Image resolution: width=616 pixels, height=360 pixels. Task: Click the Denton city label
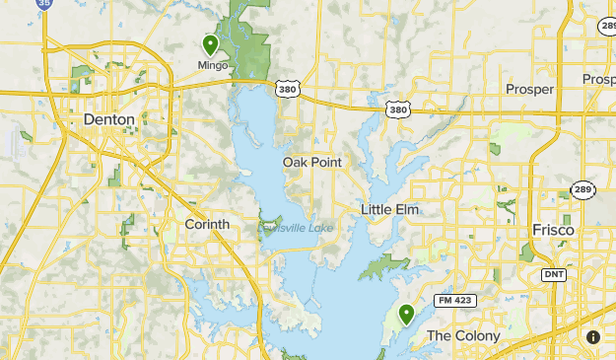[x=107, y=119]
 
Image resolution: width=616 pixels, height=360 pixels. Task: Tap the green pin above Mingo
[x=210, y=45]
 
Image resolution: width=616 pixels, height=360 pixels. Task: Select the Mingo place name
[x=212, y=66]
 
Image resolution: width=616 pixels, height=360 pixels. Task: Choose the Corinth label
[x=207, y=224]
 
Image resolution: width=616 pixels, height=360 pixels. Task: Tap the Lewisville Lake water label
[x=296, y=228]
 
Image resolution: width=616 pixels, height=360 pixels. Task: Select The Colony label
[x=462, y=336]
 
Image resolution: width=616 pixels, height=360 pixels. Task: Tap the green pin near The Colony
[x=406, y=315]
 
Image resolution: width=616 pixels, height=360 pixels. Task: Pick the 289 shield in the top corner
[x=604, y=29]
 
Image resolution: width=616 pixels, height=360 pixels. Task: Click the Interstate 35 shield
[x=43, y=4]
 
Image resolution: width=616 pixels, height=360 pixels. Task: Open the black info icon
[x=593, y=337]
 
